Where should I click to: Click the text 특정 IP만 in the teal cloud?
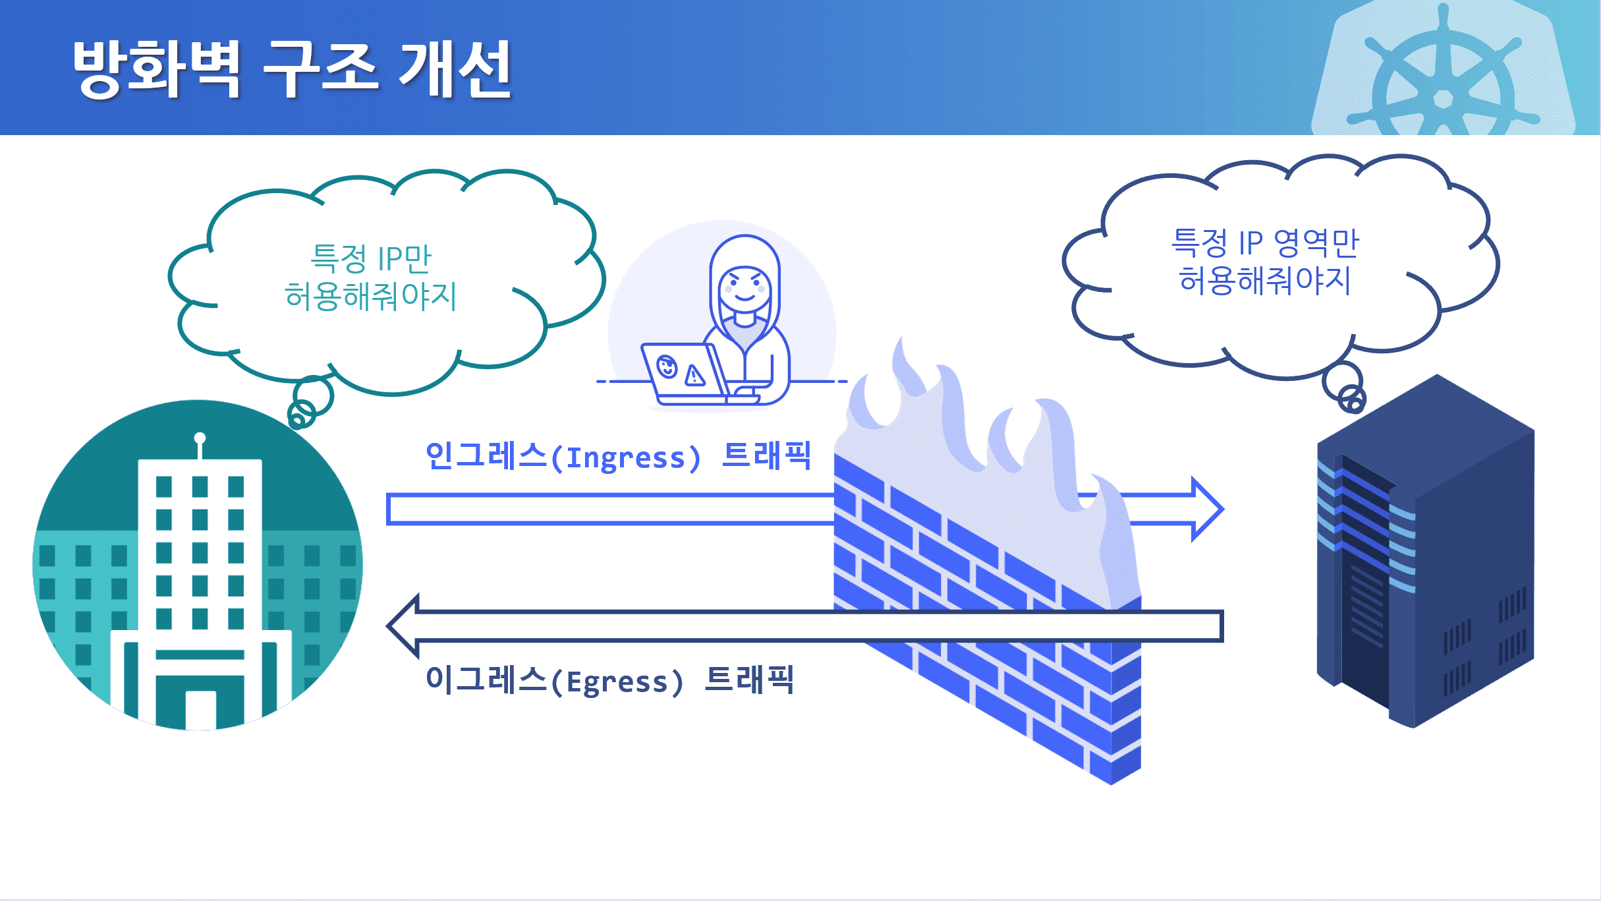click(371, 258)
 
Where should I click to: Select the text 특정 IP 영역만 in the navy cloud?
click(1265, 243)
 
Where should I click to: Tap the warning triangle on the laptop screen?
click(694, 376)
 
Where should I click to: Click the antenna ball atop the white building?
click(200, 438)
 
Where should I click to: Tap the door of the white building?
click(200, 709)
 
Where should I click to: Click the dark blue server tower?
click(1423, 554)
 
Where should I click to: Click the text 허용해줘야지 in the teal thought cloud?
click(370, 297)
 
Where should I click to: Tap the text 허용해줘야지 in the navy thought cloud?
click(1265, 280)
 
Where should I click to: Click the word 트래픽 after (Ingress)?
click(766, 455)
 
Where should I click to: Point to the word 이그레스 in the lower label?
click(486, 680)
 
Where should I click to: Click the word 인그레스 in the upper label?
click(486, 455)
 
